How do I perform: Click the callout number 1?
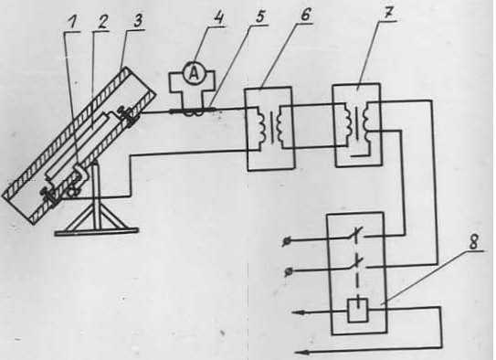pyautogui.click(x=73, y=24)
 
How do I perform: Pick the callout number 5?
pyautogui.click(x=259, y=16)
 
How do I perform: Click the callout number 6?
pyautogui.click(x=306, y=15)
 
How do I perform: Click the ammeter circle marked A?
pyautogui.click(x=195, y=74)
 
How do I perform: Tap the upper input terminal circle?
pyautogui.click(x=286, y=242)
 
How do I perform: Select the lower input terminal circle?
pyautogui.click(x=288, y=271)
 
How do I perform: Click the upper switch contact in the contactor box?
pyautogui.click(x=355, y=235)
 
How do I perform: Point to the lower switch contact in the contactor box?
pyautogui.click(x=355, y=264)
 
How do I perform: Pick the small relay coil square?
pyautogui.click(x=358, y=311)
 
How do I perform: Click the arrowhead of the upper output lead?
pyautogui.click(x=299, y=312)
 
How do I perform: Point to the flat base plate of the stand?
pyautogui.click(x=97, y=232)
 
